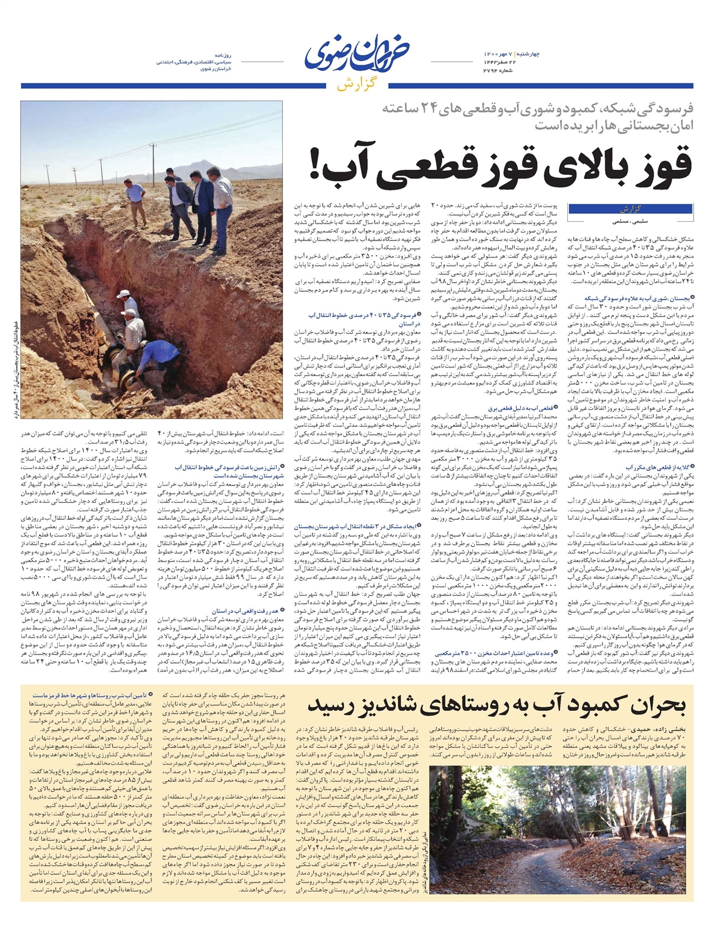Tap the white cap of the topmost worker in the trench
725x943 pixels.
pos(123,293)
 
